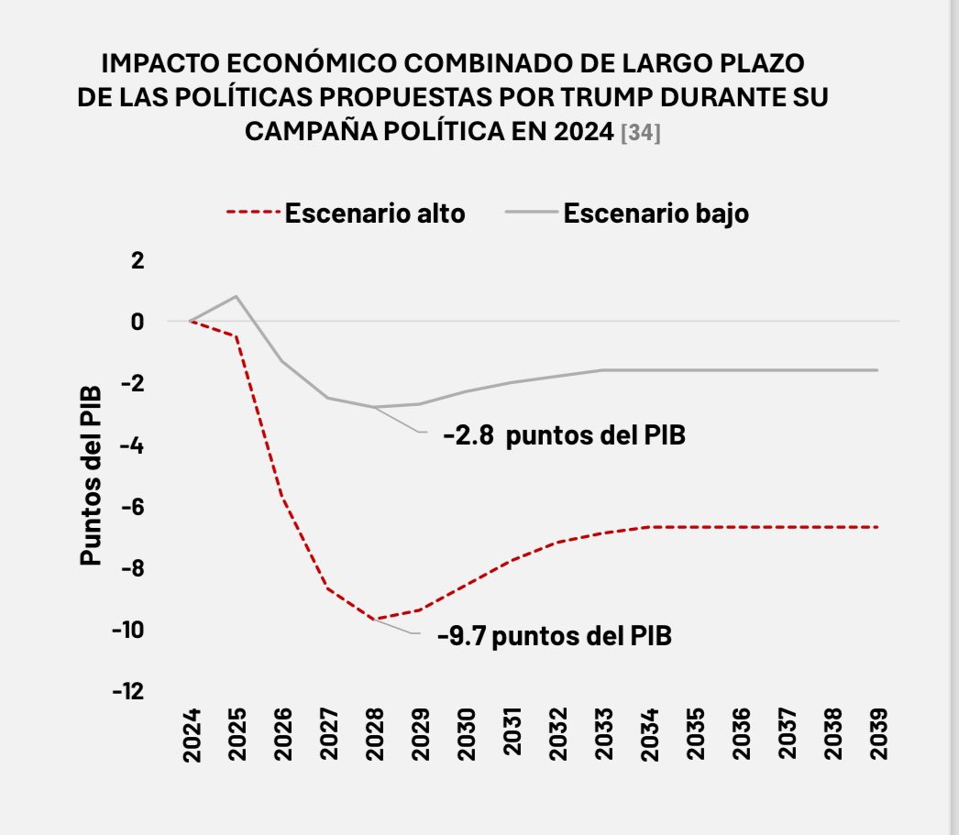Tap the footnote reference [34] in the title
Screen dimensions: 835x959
click(641, 133)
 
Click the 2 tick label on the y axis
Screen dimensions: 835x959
click(138, 260)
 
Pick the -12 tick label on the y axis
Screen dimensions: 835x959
click(128, 691)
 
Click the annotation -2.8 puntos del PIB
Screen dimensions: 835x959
click(564, 435)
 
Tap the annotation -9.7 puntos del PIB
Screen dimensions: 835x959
click(554, 636)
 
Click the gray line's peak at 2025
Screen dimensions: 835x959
click(237, 296)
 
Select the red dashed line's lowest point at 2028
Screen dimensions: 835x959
click(374, 620)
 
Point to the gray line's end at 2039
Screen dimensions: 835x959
click(877, 370)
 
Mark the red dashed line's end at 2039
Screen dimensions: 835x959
click(877, 527)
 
